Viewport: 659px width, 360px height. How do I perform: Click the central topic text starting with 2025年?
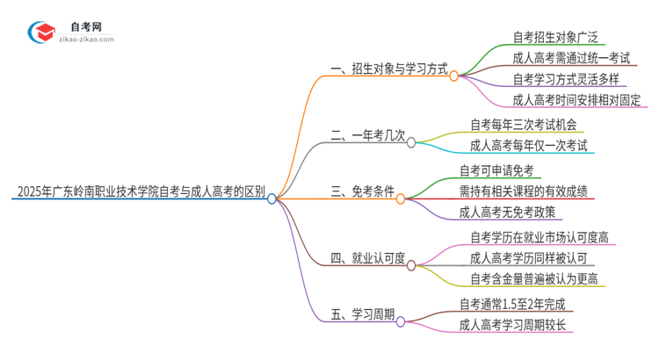click(x=141, y=191)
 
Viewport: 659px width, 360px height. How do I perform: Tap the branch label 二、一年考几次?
click(x=368, y=135)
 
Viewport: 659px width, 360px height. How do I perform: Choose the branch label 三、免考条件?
click(x=362, y=191)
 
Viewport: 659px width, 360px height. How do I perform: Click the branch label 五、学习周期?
click(x=362, y=314)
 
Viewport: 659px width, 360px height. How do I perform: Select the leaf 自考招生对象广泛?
click(x=556, y=37)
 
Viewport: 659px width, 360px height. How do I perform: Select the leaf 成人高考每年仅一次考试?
click(x=529, y=146)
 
